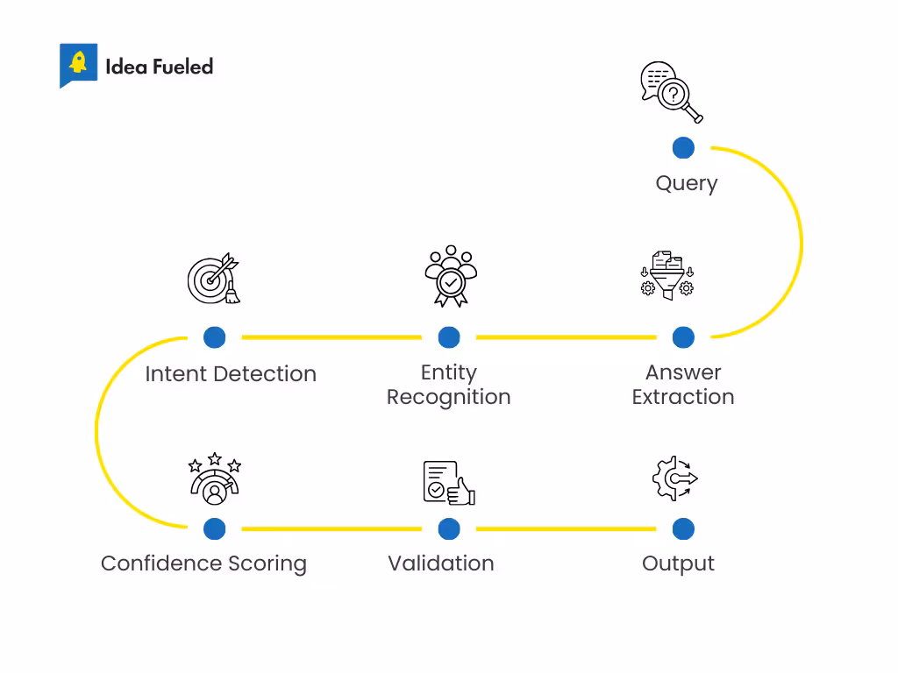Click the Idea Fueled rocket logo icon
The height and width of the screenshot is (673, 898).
[x=78, y=65]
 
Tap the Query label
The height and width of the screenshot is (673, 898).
[x=686, y=183]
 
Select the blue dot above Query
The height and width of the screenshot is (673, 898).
[x=683, y=148]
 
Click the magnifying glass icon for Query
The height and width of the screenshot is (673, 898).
[x=672, y=92]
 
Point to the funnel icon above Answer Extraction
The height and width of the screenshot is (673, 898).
[x=666, y=277]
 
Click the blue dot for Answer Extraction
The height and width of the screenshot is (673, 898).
[x=683, y=337]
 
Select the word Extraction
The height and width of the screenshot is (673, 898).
[x=682, y=397]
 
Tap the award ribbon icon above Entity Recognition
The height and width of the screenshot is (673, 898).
[x=450, y=277]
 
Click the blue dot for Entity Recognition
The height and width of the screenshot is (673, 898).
[x=449, y=337]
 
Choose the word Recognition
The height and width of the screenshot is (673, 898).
[x=448, y=397]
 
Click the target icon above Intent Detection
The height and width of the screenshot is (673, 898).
[x=214, y=279]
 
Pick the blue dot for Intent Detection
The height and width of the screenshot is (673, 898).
[x=214, y=337]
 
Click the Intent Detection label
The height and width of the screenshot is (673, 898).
[x=231, y=374]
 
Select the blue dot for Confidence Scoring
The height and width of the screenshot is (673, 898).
[x=214, y=529]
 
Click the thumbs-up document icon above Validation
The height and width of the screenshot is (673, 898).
[x=448, y=482]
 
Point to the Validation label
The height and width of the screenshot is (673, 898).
[x=440, y=563]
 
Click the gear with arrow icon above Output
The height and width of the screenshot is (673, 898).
[x=674, y=478]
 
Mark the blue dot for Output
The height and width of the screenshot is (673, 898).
[x=683, y=529]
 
